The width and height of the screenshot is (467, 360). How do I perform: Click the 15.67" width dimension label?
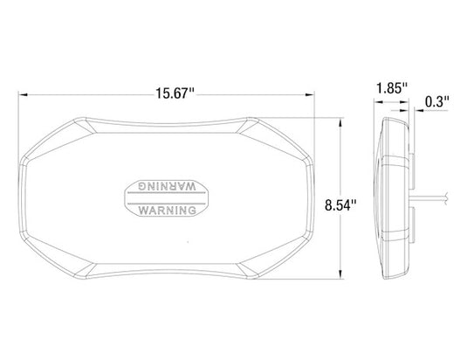(175, 93)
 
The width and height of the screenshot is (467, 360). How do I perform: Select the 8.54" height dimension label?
(340, 205)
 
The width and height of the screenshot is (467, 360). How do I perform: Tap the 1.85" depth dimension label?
(392, 88)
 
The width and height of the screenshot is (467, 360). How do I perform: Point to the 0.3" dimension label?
(437, 102)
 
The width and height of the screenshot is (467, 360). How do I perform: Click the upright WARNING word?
(168, 211)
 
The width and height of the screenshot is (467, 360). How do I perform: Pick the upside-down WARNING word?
(167, 186)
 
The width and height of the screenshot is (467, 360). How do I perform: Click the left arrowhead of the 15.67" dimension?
(24, 94)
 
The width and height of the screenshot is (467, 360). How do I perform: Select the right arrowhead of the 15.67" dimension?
(310, 94)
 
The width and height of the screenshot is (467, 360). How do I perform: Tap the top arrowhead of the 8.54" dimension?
(340, 122)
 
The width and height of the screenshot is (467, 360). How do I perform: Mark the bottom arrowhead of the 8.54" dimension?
(340, 274)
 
